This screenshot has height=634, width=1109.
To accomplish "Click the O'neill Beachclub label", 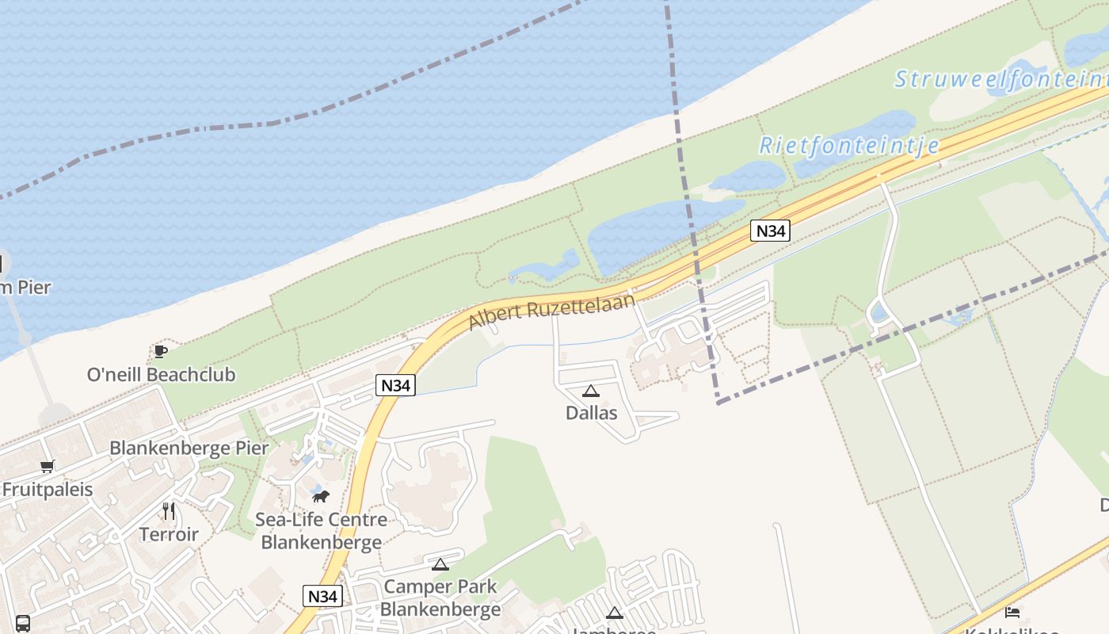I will [161, 374].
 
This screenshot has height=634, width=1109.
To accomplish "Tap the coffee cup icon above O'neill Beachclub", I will [161, 351].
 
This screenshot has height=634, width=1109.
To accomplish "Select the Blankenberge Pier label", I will [189, 448].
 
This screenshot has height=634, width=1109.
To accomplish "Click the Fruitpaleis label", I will [48, 490].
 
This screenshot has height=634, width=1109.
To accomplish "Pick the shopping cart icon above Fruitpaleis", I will [48, 467].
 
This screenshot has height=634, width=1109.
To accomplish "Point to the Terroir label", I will [169, 534].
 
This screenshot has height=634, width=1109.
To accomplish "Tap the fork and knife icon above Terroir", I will [169, 510].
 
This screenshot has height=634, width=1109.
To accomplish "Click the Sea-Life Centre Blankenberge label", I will [322, 531].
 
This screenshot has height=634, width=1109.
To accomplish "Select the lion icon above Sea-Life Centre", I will [321, 497].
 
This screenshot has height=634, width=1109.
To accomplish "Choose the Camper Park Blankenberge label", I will [440, 598].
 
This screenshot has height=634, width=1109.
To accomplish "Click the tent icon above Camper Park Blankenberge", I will [440, 564].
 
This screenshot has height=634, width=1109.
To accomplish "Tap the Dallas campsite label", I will [591, 413].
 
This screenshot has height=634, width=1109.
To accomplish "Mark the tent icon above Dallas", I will [591, 391].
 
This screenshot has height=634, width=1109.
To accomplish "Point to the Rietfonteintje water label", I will [849, 145].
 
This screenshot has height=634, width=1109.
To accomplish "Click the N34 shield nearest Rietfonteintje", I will [771, 231].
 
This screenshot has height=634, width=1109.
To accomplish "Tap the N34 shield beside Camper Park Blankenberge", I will [322, 596].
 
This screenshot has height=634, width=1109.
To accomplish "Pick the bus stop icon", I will [23, 624].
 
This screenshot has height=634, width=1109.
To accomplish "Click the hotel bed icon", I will [1012, 612].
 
